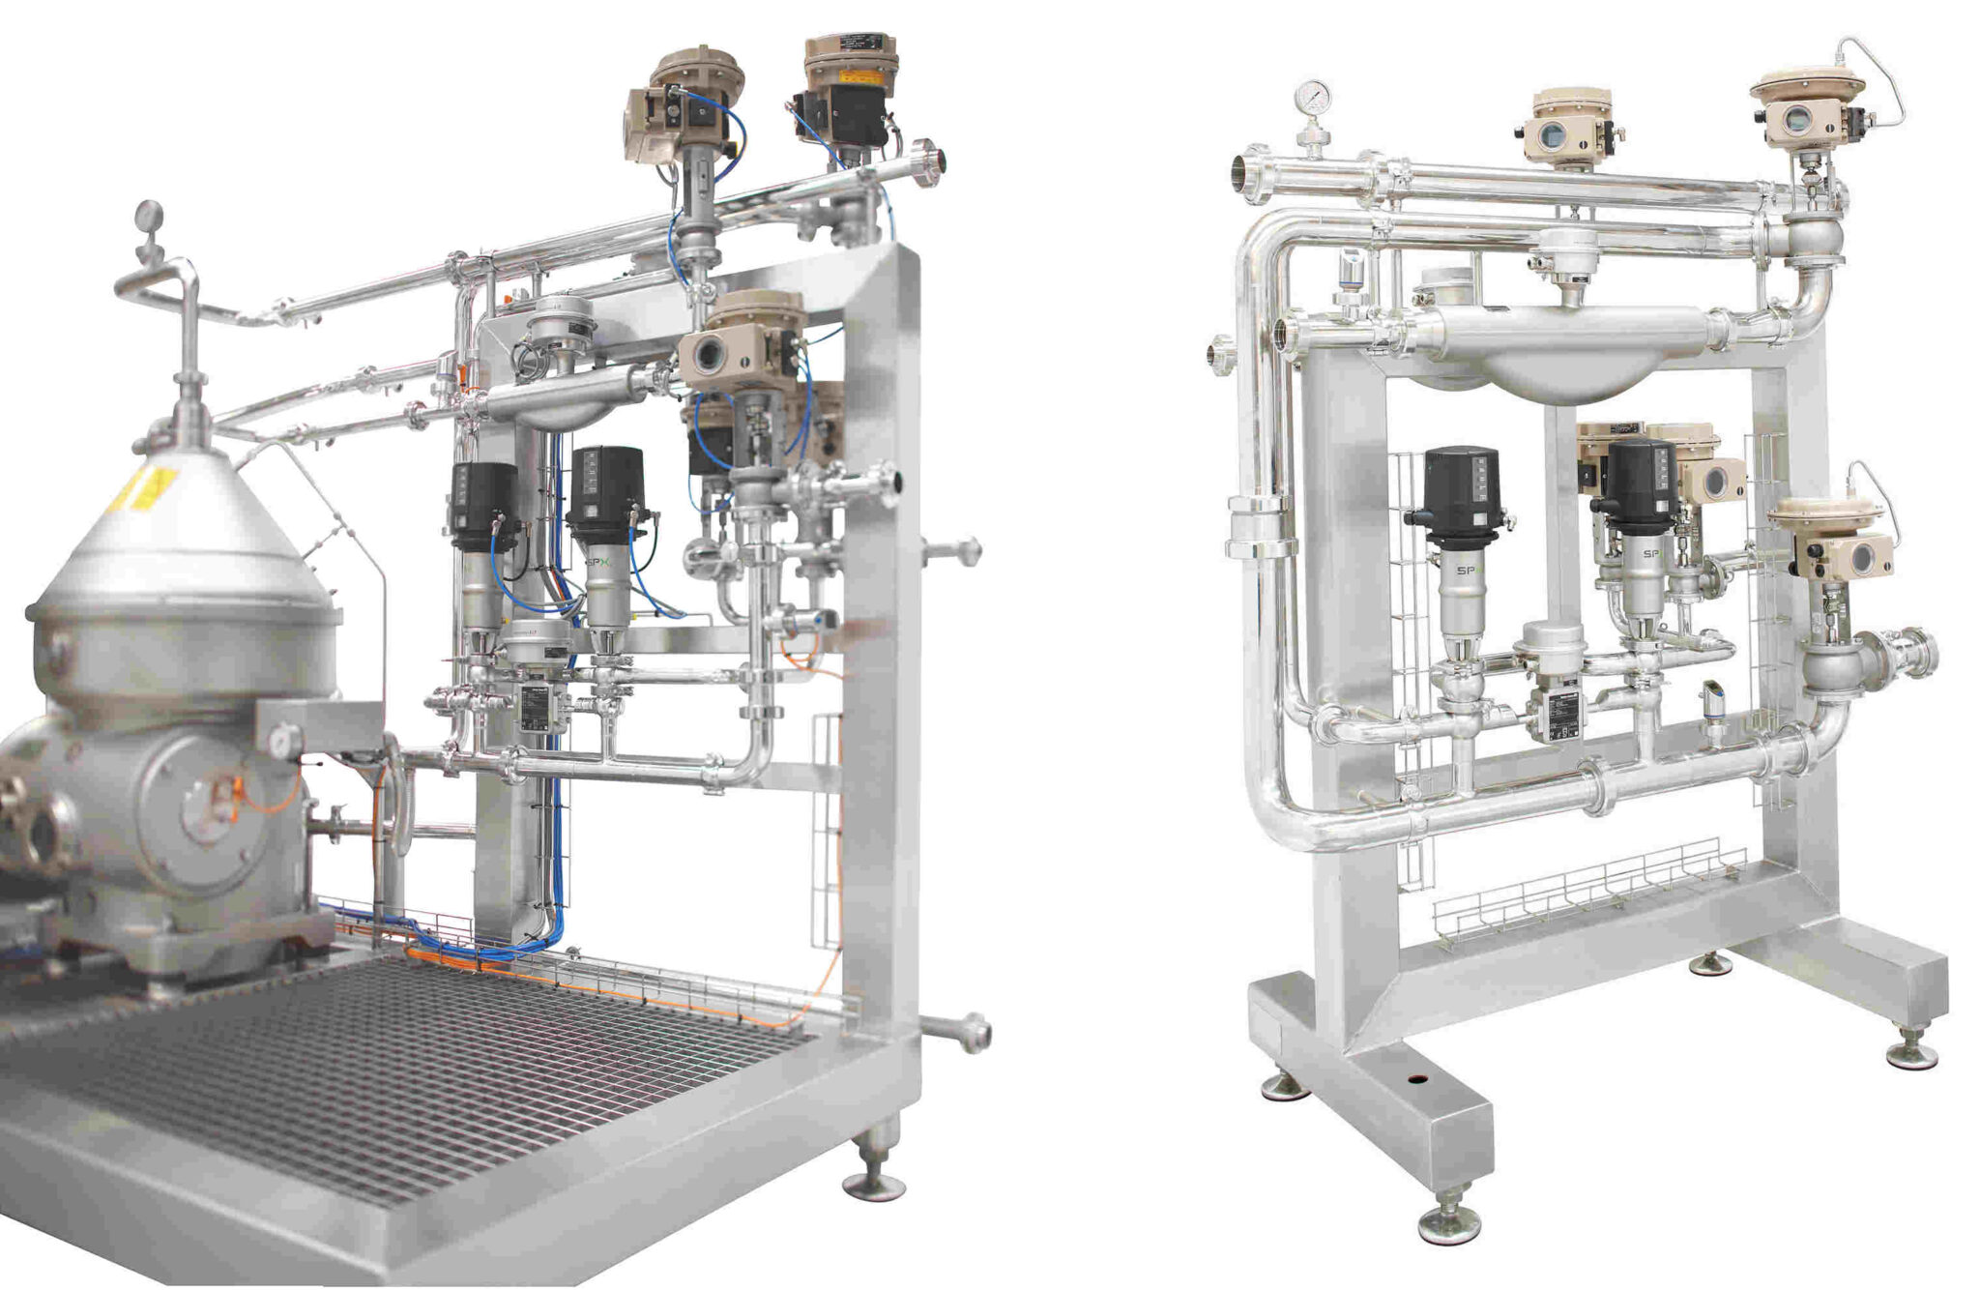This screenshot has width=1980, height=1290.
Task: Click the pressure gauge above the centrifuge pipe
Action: pyautogui.click(x=149, y=215)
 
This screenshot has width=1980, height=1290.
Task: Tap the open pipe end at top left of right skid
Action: pyautogui.click(x=1245, y=174)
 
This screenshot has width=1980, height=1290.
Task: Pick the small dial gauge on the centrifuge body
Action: pyautogui.click(x=280, y=741)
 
